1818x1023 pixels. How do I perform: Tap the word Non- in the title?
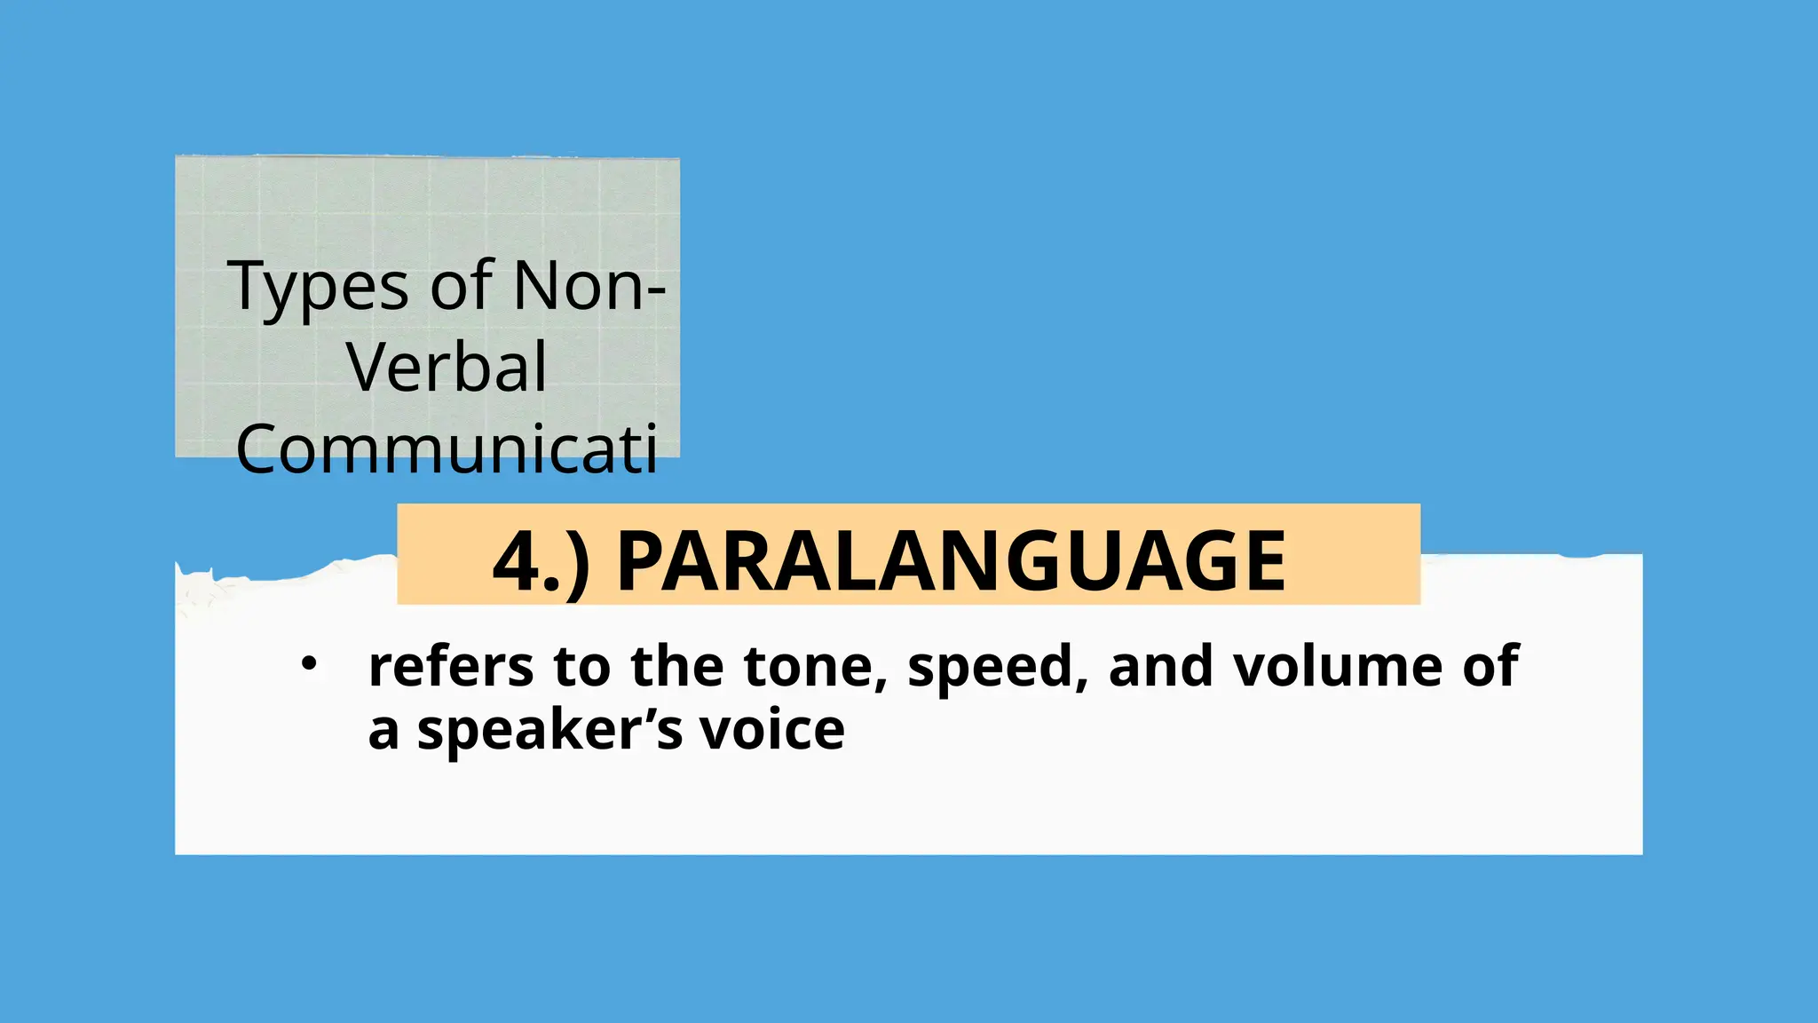589,286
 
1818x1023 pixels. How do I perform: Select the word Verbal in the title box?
447,368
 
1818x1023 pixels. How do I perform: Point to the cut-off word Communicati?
447,449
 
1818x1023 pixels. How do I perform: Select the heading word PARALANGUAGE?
951,561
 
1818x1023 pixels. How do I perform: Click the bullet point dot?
308,663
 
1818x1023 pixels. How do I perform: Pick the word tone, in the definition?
816,668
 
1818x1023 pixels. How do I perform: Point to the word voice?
771,730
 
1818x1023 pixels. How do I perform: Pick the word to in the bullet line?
581,668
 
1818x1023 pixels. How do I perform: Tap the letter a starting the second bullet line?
383,733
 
